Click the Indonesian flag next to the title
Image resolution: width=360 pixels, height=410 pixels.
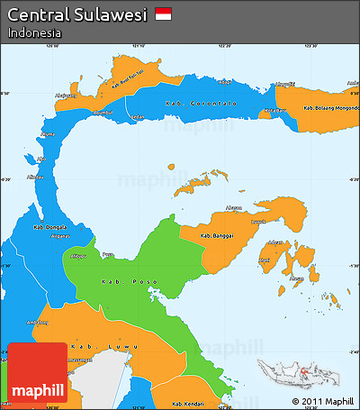tap(163, 14)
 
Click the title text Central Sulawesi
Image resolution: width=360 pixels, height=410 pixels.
tap(77, 14)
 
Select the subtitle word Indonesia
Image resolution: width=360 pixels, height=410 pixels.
tap(34, 32)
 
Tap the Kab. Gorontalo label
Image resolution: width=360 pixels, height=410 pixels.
tap(201, 105)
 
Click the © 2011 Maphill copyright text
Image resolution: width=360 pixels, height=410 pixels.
tap(322, 401)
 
